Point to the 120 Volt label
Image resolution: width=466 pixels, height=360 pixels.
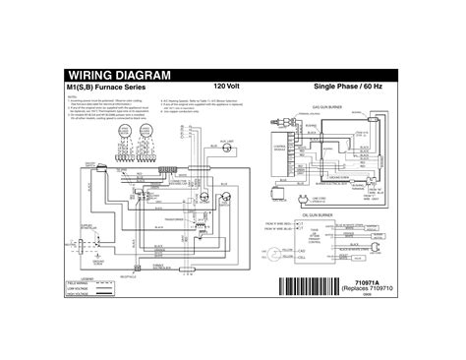tap(227, 88)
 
